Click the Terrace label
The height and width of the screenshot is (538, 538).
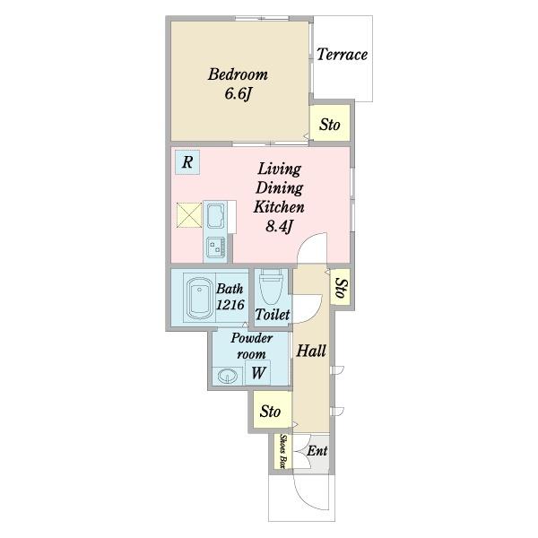(342, 55)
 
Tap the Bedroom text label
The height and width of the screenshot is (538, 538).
(238, 74)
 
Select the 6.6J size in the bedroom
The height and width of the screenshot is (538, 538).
(239, 93)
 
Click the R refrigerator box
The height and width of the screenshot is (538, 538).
(187, 162)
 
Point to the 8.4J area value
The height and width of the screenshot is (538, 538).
(279, 226)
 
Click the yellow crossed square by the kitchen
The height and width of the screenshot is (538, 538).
(189, 215)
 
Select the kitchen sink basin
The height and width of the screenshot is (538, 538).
(216, 216)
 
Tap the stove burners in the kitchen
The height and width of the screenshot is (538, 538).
(216, 247)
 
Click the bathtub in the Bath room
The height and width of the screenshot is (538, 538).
(199, 298)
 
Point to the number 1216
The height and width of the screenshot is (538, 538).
(230, 305)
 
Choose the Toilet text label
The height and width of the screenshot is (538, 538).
(273, 315)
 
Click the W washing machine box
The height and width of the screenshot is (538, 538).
(258, 373)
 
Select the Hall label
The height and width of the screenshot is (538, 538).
(311, 351)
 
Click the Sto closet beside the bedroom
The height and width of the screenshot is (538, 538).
(330, 124)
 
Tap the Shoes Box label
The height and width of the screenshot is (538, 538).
(283, 452)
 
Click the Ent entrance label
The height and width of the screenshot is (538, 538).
(317, 450)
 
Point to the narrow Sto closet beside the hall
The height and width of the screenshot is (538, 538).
(341, 287)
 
